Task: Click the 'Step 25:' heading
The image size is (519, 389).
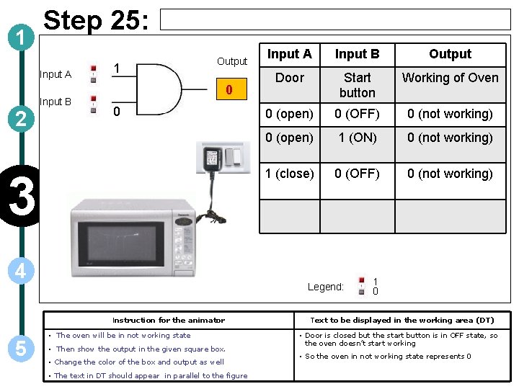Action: click(x=96, y=20)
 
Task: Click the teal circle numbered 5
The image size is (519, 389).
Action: click(x=22, y=348)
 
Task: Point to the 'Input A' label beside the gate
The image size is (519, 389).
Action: click(x=56, y=74)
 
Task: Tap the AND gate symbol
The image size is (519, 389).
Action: click(x=165, y=90)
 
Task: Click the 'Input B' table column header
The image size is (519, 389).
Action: click(x=357, y=54)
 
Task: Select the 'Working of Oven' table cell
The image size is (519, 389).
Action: click(x=450, y=78)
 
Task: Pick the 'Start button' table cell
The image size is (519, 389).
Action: click(x=357, y=85)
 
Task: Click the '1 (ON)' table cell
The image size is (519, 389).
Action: click(x=357, y=138)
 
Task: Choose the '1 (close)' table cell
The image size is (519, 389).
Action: click(x=289, y=174)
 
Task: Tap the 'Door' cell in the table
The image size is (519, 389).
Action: click(x=289, y=78)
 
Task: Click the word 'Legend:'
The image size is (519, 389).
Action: click(x=326, y=287)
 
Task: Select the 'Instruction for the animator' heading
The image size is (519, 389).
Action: click(x=169, y=320)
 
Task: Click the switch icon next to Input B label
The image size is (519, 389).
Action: click(x=93, y=104)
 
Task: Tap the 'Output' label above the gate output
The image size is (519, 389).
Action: click(x=232, y=61)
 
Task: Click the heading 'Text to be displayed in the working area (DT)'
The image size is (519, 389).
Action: click(x=402, y=320)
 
